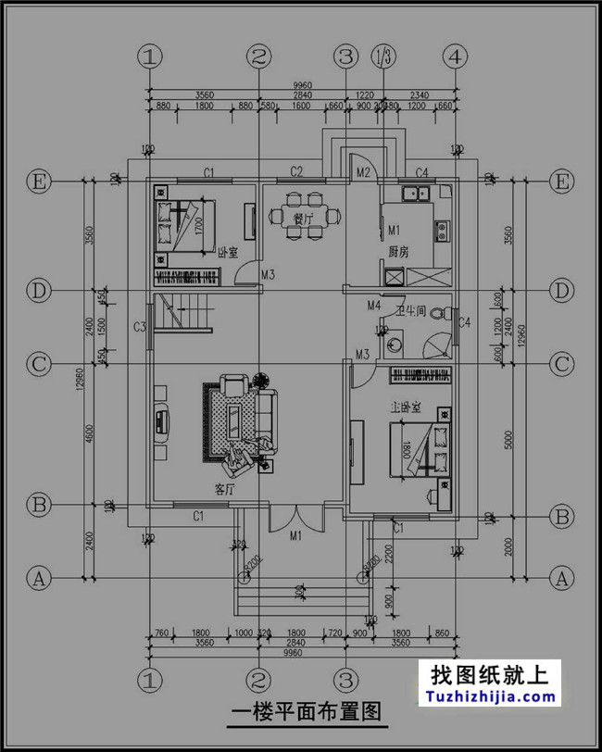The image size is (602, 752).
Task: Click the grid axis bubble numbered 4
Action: [x=454, y=56]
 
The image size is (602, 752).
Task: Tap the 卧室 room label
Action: [x=227, y=252]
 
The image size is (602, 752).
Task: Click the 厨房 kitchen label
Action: [x=398, y=251]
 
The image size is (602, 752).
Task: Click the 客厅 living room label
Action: [x=223, y=488]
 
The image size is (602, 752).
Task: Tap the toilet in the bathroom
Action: [x=393, y=345]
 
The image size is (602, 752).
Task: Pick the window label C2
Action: [x=296, y=171]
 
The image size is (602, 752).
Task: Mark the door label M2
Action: [x=363, y=172]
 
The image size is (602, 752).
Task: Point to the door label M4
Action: [x=373, y=305]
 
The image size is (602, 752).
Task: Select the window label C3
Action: [x=141, y=327]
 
